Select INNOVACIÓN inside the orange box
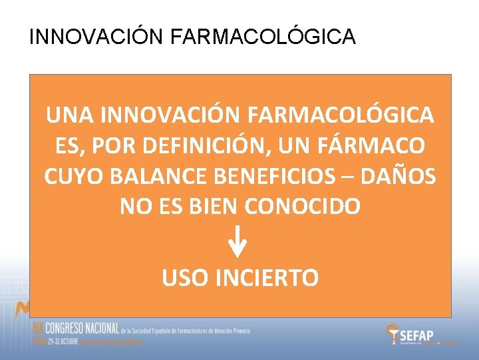(169, 115)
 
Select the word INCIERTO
(269, 277)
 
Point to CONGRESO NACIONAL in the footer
(77, 329)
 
